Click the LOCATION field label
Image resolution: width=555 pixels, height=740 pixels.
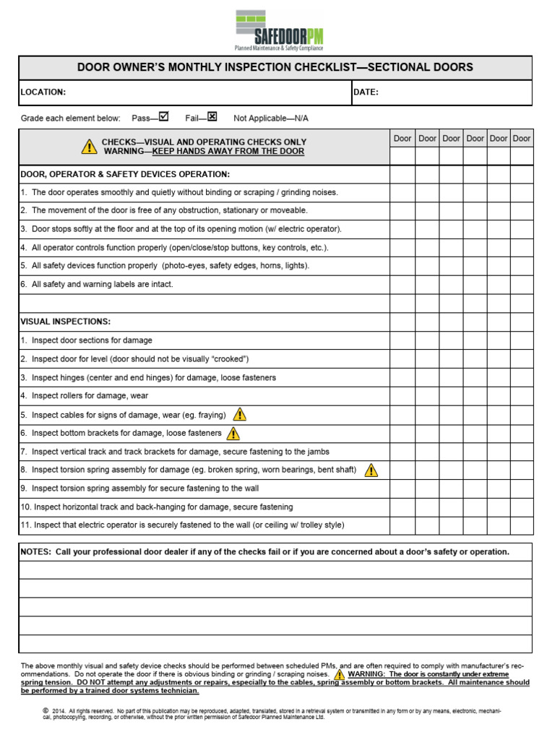(43, 92)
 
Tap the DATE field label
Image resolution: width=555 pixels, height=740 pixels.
(366, 92)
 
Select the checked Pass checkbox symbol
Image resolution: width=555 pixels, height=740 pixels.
(163, 116)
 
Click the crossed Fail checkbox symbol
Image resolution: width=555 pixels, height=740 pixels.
(212, 116)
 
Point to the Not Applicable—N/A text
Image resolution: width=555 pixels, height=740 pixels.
(271, 118)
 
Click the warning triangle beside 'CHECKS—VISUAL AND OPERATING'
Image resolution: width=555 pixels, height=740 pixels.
(88, 147)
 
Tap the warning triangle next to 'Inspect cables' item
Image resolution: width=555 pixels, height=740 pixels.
(239, 415)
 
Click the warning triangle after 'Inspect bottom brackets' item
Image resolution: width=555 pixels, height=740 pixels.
(233, 434)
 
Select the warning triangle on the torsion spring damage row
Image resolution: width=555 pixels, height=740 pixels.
(371, 470)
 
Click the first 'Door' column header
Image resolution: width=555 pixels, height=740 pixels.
(403, 139)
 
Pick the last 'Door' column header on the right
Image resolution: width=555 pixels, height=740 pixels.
(521, 139)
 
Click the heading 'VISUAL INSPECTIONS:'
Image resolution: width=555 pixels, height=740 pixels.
(66, 322)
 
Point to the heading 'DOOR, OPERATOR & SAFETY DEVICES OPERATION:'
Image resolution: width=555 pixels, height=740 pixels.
(125, 174)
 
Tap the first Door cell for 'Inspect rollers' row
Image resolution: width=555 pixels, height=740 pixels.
(403, 396)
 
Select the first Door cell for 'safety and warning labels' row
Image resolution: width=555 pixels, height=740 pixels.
(403, 285)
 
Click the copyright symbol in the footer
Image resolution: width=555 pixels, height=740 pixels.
(46, 711)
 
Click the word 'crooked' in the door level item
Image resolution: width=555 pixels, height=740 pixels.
(228, 359)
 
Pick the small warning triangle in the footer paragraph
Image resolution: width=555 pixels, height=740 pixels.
(339, 674)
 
